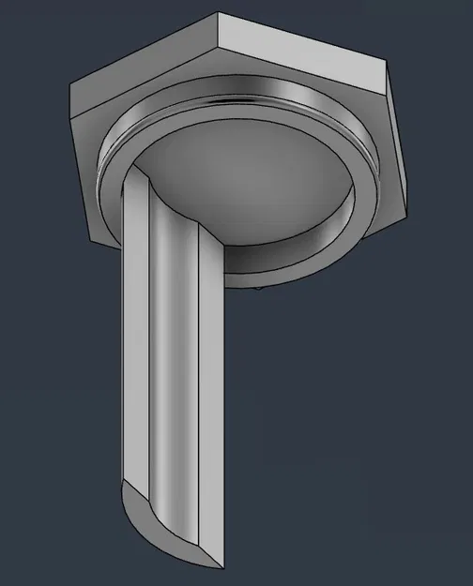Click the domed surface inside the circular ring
(x=253, y=178)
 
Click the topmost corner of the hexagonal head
(x=220, y=13)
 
